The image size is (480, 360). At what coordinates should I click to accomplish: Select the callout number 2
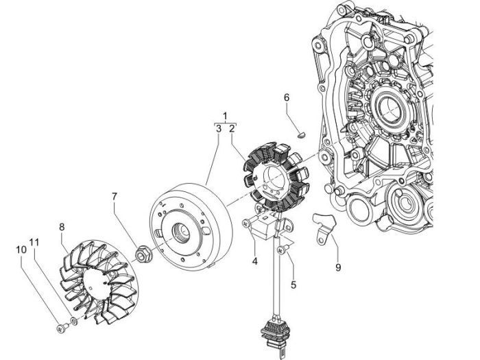click(232, 128)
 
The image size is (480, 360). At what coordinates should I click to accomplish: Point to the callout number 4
click(254, 261)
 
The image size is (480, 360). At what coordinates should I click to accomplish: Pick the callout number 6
click(288, 98)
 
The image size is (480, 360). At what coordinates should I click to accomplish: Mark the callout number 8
click(62, 227)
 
